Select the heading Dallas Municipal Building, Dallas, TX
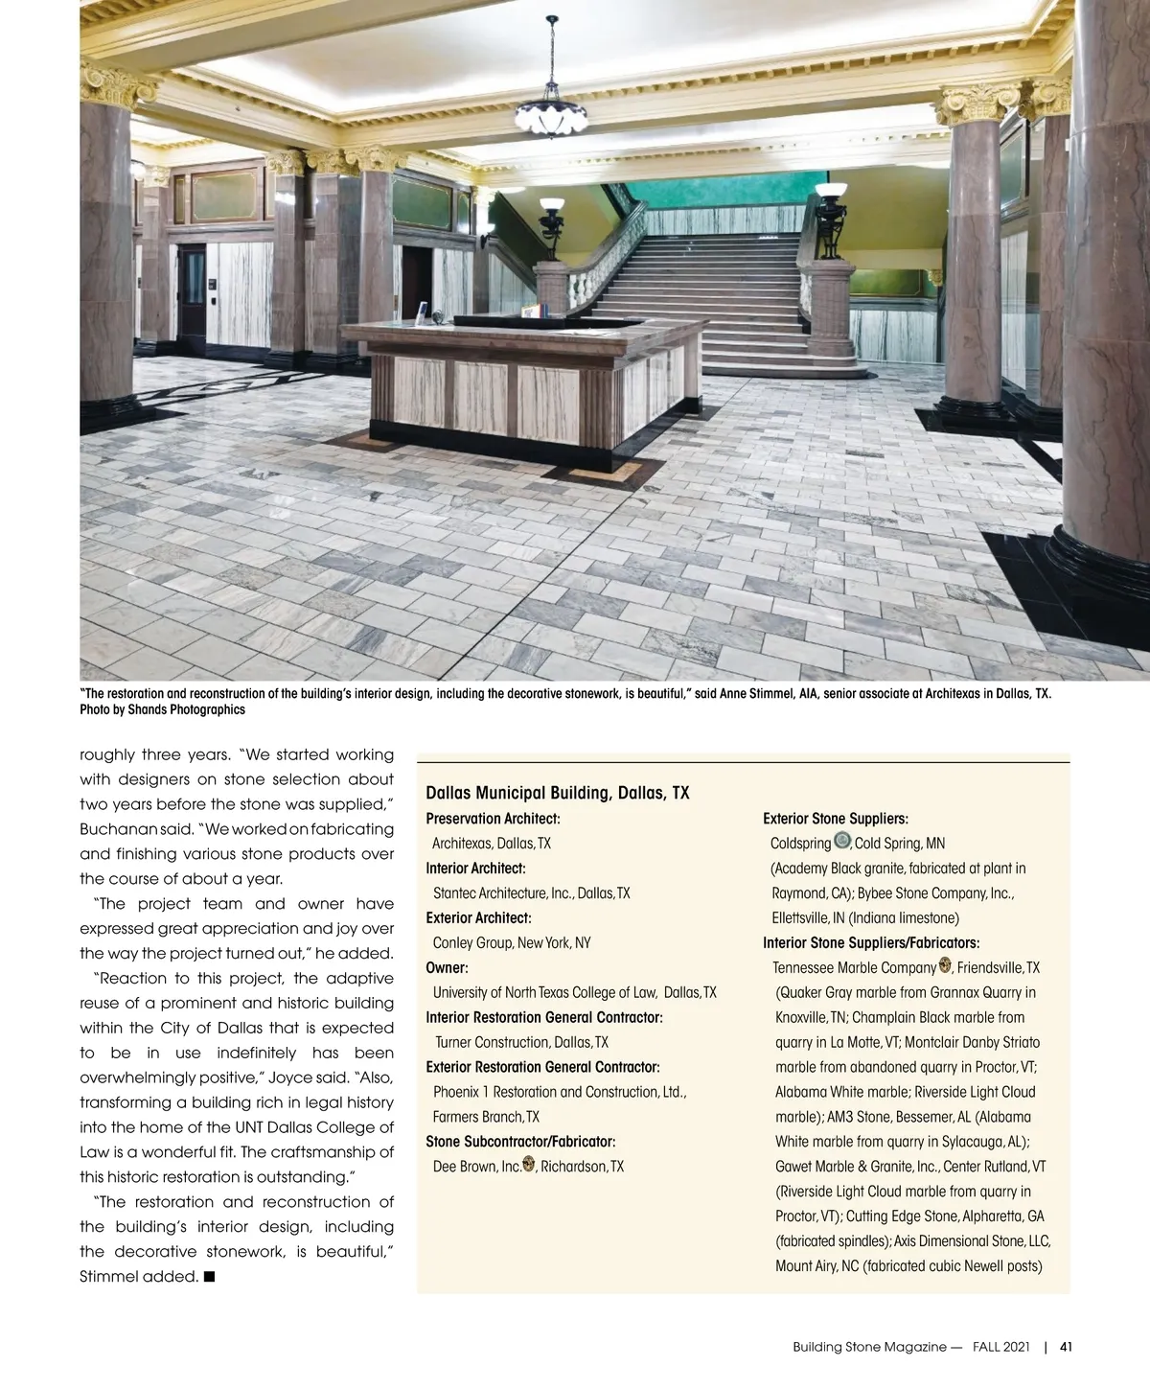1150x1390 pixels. tap(557, 793)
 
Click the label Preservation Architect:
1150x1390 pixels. tap(493, 819)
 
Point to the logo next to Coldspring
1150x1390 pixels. tap(842, 841)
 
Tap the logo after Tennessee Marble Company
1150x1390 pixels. tap(945, 966)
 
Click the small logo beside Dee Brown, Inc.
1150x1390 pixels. tap(528, 1165)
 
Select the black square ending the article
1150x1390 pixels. tap(209, 1276)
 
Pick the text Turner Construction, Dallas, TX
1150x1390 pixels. tap(521, 1042)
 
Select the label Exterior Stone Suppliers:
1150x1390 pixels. tap(835, 819)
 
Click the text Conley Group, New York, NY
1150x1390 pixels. tap(512, 942)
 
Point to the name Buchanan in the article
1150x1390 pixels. tap(113, 828)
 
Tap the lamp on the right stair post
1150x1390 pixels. tap(829, 203)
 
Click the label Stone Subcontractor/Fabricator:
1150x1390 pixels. tap(520, 1141)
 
